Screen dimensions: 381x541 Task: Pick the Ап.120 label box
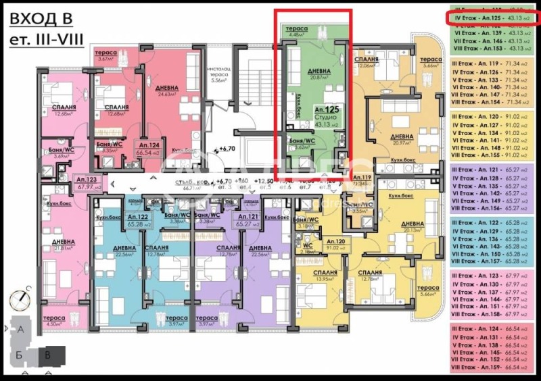pyautogui.click(x=335, y=241)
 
